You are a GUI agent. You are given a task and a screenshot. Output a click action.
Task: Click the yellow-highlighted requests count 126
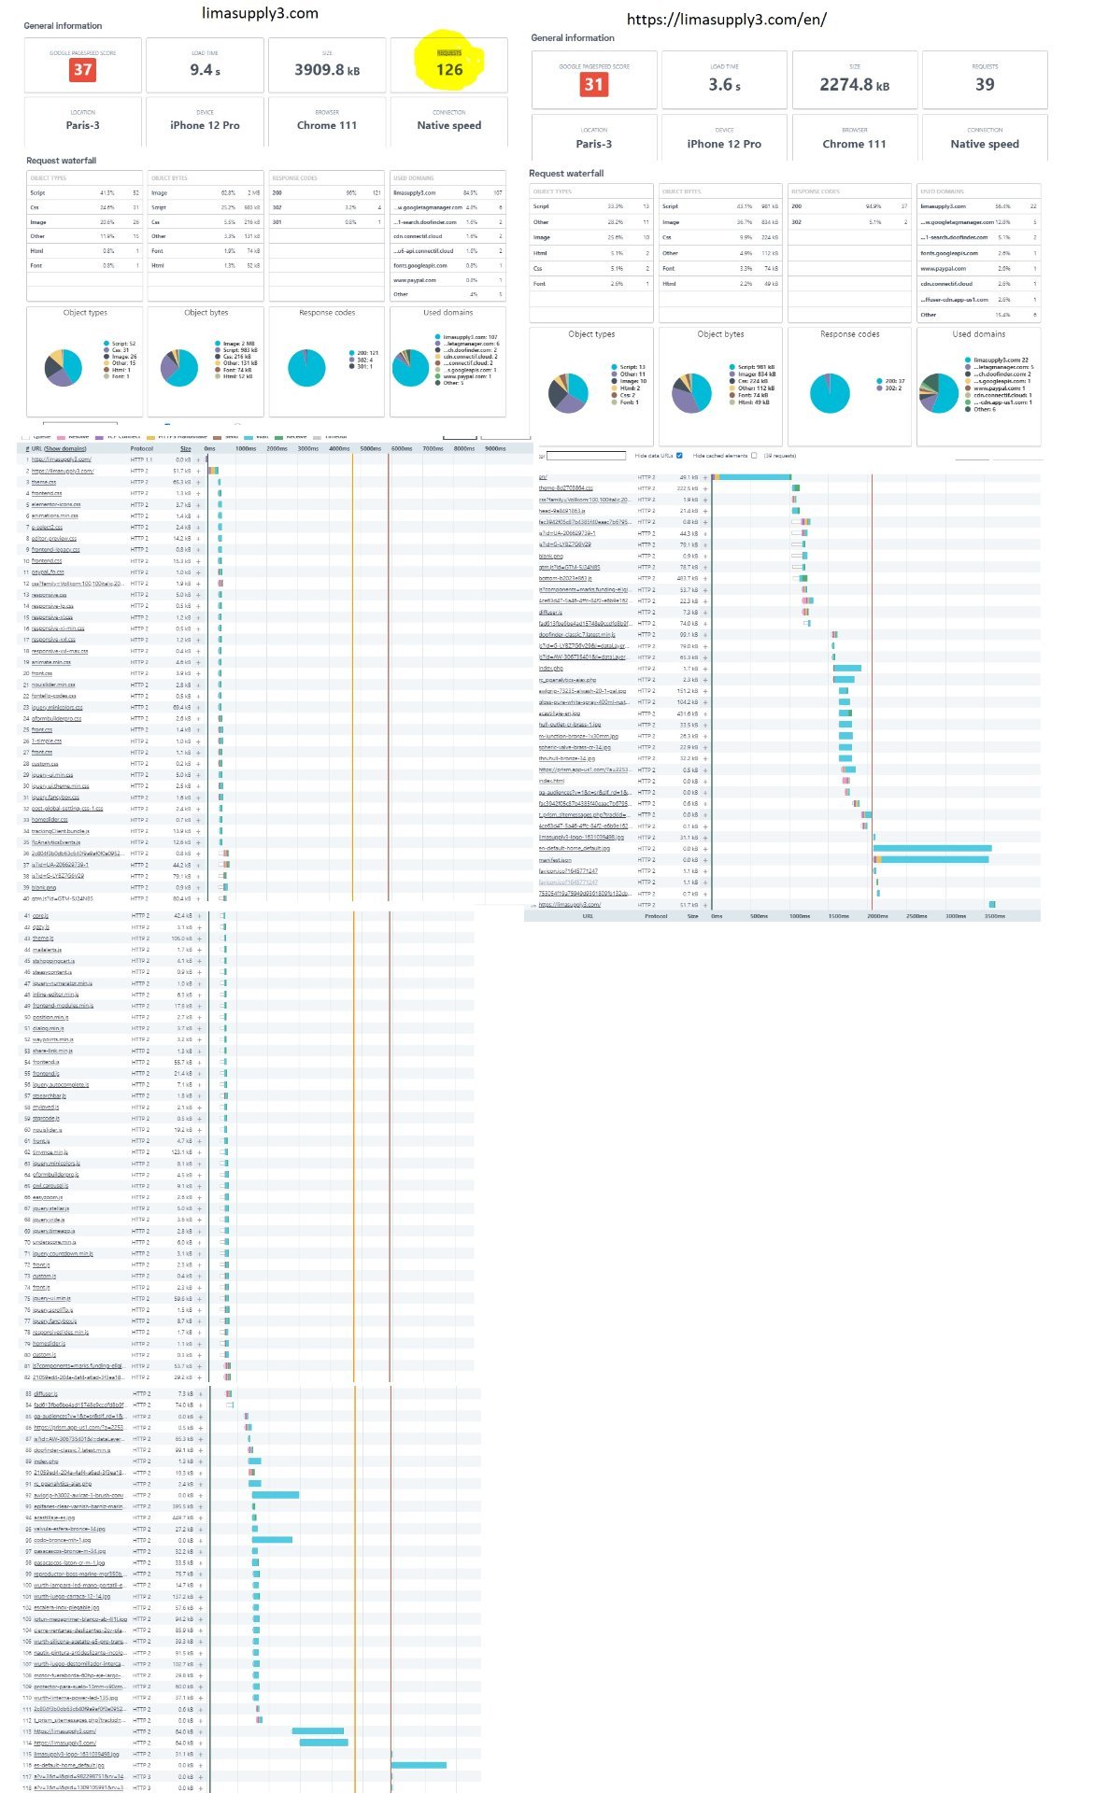coord(449,69)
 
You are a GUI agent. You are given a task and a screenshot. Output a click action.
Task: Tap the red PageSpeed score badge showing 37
coord(83,70)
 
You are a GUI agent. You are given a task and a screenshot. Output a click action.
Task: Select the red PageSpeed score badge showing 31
coord(593,84)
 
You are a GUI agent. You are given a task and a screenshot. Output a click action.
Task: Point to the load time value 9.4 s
coord(205,70)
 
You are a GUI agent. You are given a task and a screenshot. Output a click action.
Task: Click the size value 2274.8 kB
coord(854,85)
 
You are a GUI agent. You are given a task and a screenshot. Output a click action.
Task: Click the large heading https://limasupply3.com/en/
coord(726,20)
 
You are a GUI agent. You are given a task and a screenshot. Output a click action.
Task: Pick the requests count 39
coord(985,85)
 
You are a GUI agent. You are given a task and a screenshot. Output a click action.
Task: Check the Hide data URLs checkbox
coord(679,456)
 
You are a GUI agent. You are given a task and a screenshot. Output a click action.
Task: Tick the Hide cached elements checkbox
coord(753,456)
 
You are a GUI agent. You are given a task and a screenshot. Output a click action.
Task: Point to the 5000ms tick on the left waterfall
coord(371,448)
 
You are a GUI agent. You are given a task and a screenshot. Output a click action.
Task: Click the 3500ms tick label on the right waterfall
coord(994,916)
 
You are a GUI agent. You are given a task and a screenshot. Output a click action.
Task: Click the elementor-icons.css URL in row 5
coord(55,504)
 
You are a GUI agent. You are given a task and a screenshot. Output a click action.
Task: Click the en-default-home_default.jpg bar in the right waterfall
coord(932,848)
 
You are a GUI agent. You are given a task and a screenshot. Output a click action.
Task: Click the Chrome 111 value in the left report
coord(327,125)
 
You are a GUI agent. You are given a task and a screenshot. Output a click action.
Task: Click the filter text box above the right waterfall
coord(586,456)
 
